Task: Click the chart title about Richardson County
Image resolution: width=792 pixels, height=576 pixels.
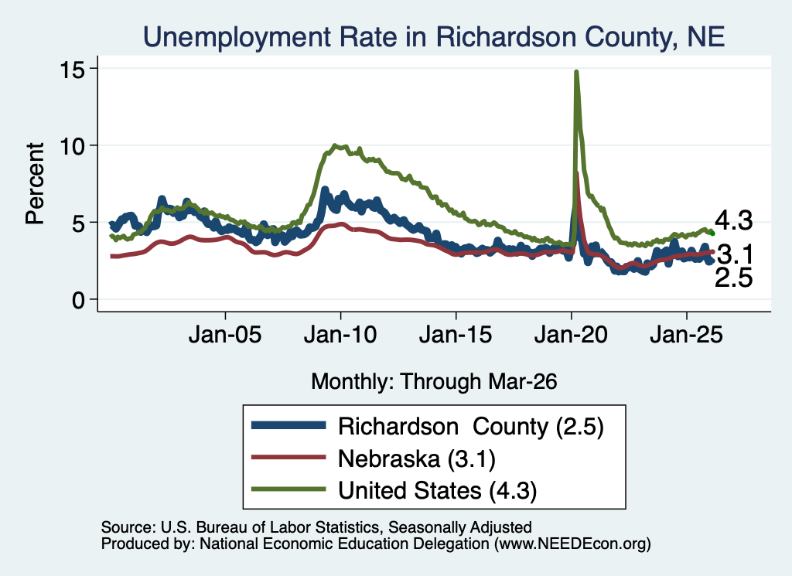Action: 434,37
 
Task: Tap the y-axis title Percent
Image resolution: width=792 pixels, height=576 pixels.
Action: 35,184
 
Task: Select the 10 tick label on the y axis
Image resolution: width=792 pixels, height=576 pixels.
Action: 72,146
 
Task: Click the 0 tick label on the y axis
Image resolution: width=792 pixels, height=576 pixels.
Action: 78,300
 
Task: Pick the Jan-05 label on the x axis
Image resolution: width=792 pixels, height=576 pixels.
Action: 225,335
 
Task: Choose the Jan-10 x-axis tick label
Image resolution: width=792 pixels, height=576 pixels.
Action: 340,335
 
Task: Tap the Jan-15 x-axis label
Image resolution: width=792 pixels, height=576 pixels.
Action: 456,335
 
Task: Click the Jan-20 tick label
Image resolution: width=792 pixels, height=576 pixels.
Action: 571,335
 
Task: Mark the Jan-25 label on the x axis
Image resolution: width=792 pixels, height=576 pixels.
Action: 687,335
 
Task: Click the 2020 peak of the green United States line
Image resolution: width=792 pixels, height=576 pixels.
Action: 575,72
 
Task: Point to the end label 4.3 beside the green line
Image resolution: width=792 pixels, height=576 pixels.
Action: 733,221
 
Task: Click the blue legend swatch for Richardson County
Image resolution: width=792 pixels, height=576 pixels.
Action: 288,425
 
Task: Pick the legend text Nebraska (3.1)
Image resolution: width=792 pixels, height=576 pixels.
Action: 417,459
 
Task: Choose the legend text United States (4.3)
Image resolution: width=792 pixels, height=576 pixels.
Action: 438,491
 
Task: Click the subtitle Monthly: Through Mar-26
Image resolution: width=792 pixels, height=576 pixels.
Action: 434,382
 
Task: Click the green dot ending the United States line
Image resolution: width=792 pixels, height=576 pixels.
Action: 712,233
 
